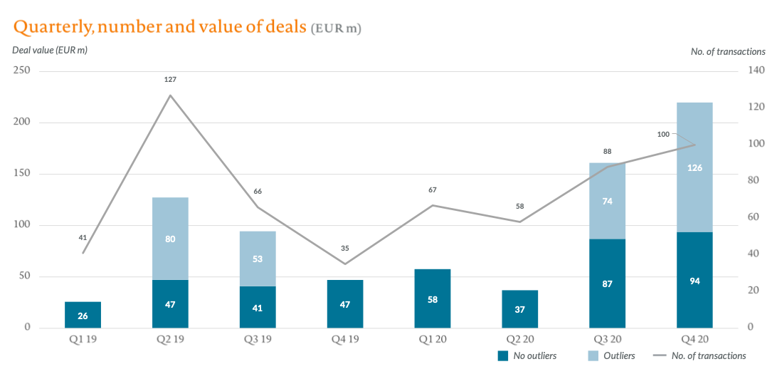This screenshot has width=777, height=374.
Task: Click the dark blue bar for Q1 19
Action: [83, 315]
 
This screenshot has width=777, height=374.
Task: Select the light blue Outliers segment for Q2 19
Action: [170, 239]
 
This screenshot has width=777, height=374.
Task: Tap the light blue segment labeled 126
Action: [694, 167]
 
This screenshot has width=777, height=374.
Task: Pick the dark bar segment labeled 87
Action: [607, 284]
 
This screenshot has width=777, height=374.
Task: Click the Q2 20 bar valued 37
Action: [520, 309]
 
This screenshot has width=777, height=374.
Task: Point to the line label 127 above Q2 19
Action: [170, 79]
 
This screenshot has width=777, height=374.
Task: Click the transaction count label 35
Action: [345, 249]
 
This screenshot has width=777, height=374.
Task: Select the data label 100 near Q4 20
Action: [664, 134]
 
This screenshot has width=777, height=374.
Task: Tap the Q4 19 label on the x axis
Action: [345, 340]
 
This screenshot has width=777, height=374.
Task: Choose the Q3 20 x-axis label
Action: [607, 340]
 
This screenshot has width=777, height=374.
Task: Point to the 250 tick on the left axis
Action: [22, 70]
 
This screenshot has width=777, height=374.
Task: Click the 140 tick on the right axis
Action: [756, 70]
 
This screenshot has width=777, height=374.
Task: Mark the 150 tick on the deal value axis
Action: [22, 173]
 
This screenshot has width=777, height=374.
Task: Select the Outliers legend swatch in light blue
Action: [592, 355]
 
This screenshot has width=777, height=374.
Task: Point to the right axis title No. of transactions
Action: [728, 51]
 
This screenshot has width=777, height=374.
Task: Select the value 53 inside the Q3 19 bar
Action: [258, 259]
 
